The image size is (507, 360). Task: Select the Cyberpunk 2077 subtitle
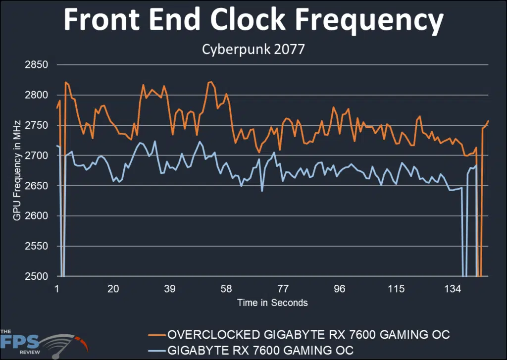pos(253,50)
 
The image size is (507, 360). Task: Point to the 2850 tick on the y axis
pos(36,65)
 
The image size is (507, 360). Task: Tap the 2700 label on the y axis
pos(36,155)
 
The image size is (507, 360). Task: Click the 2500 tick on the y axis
pos(36,276)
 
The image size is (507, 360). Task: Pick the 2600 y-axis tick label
pos(36,216)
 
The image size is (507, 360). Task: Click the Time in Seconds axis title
pos(272,303)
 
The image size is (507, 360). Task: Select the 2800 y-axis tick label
pos(36,95)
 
